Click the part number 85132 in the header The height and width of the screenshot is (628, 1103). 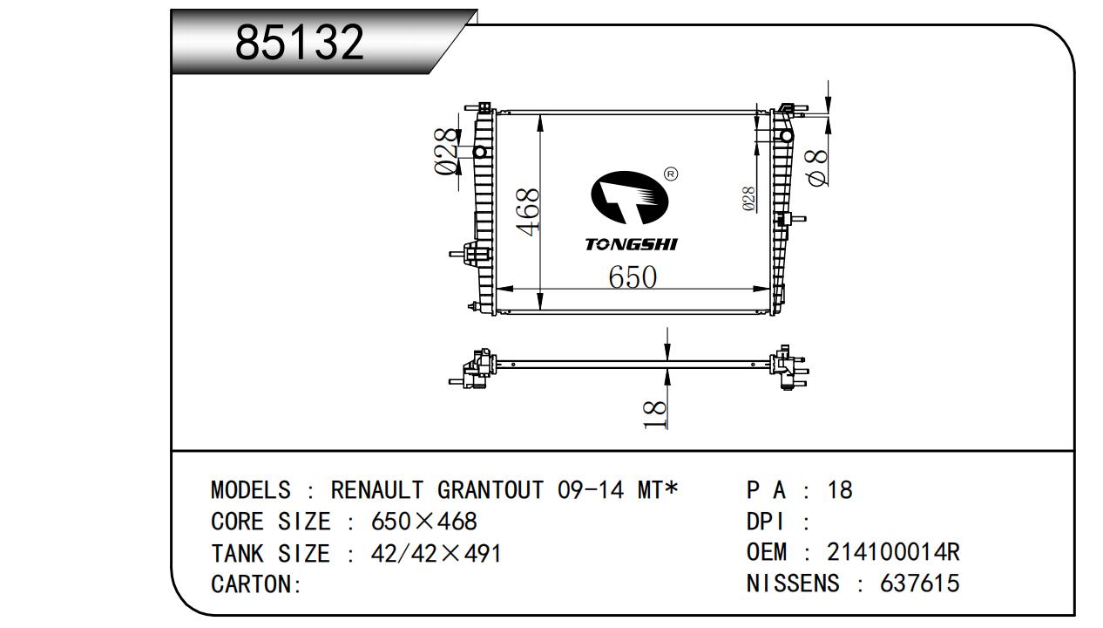[300, 43]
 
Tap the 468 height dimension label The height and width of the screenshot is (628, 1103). [527, 212]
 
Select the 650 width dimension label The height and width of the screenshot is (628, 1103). [633, 277]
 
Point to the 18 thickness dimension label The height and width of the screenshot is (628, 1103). [655, 414]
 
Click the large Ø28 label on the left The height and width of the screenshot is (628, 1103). [446, 152]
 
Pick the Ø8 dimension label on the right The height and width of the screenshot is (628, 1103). [816, 168]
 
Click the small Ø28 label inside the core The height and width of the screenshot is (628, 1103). [748, 199]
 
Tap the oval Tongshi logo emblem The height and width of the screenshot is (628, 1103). [629, 198]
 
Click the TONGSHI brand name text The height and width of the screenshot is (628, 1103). [632, 244]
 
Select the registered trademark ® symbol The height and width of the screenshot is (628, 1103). [671, 174]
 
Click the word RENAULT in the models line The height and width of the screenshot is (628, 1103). [377, 490]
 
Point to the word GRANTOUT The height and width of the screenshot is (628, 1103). [491, 490]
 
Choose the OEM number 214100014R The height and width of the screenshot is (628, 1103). [893, 552]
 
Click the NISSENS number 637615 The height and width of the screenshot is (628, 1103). [920, 584]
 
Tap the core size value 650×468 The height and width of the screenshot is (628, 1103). [424, 522]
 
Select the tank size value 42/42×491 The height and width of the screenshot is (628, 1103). [436, 553]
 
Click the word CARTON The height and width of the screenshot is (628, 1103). [253, 584]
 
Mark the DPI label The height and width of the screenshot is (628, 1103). [765, 522]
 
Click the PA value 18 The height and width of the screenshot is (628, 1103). [840, 490]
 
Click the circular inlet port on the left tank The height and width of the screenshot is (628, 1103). [480, 152]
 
